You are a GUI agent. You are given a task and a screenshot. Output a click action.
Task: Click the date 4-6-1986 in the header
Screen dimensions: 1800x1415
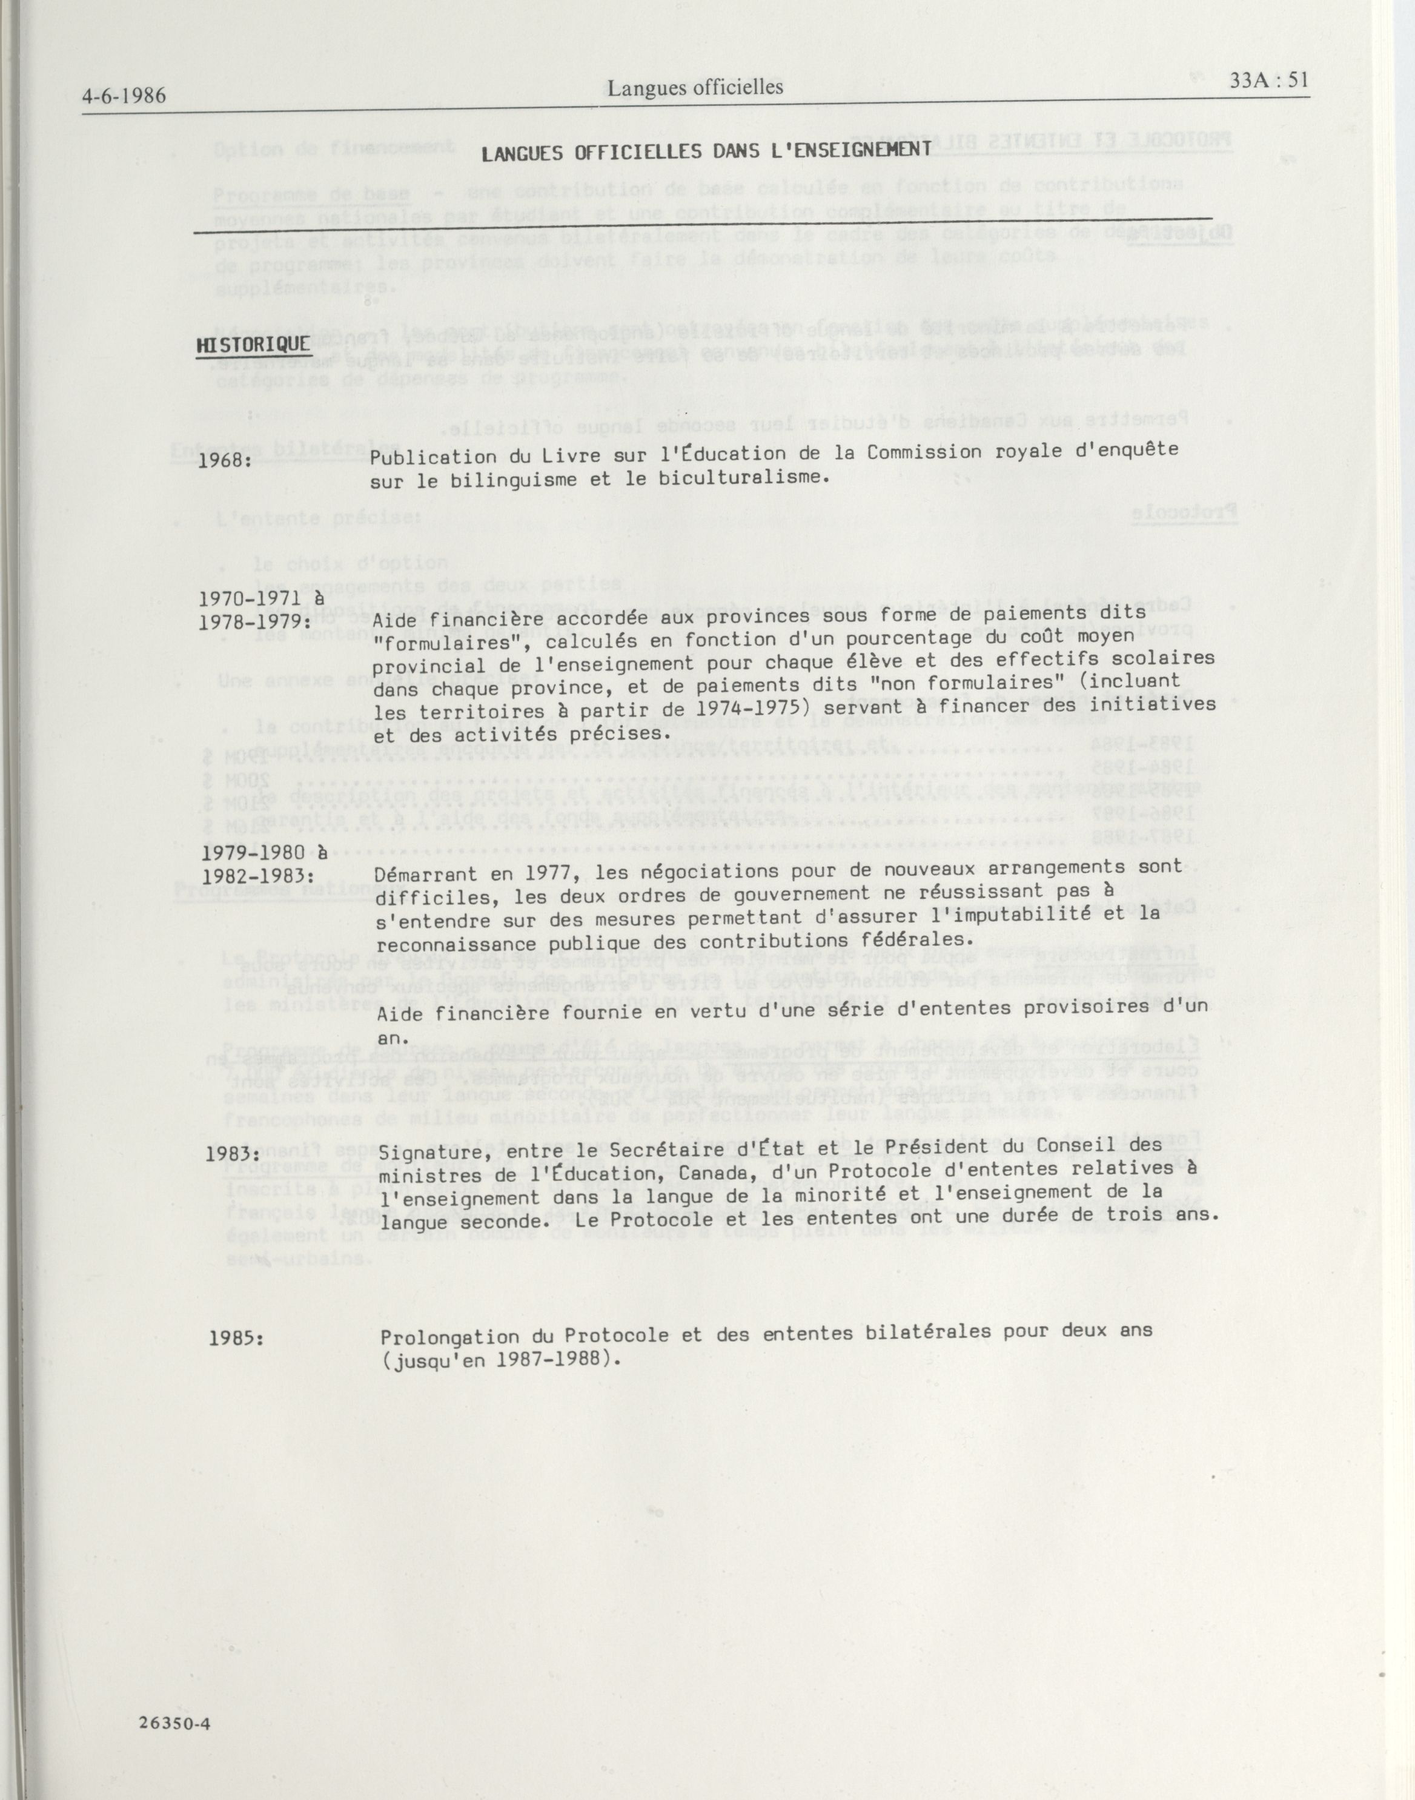(124, 96)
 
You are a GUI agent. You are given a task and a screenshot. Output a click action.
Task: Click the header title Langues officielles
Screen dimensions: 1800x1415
(695, 88)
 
